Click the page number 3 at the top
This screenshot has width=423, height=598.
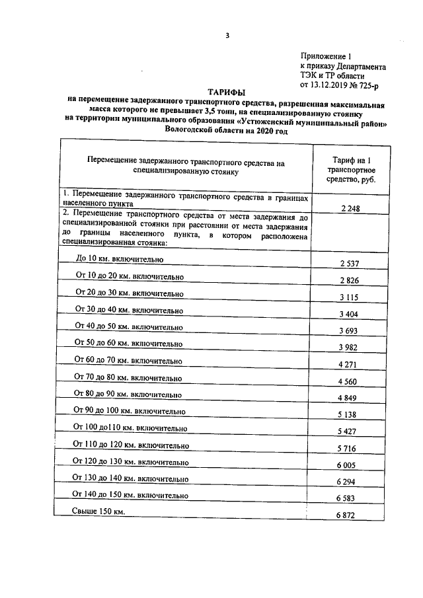pyautogui.click(x=227, y=36)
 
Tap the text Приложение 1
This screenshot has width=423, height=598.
pyautogui.click(x=326, y=57)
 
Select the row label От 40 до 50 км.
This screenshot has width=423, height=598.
pyautogui.click(x=128, y=326)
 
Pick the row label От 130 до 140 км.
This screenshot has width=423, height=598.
pyautogui.click(x=132, y=478)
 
